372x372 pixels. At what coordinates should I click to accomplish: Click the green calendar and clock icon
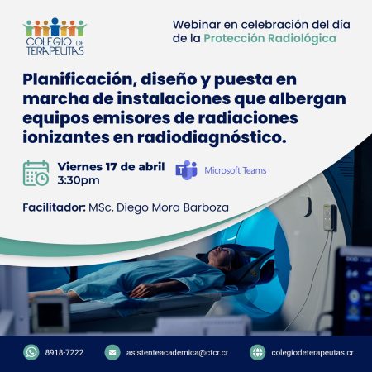pyautogui.click(x=36, y=173)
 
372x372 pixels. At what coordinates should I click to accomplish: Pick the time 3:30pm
pyautogui.click(x=79, y=180)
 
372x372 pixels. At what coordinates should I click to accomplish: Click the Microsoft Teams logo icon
pyautogui.click(x=187, y=170)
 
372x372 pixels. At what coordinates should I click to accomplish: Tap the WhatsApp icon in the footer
pyautogui.click(x=31, y=352)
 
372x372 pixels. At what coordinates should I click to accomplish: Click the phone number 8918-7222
pyautogui.click(x=64, y=352)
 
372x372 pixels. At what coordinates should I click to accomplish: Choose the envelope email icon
pyautogui.click(x=112, y=352)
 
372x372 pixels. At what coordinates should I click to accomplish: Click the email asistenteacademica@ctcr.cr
pyautogui.click(x=178, y=352)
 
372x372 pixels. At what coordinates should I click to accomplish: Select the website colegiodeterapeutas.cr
pyautogui.click(x=313, y=352)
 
